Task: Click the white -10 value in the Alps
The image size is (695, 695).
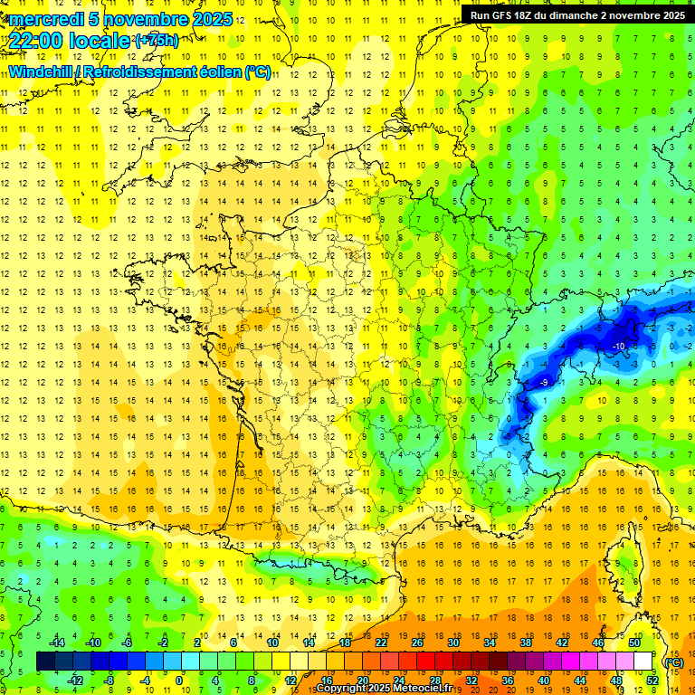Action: (619, 347)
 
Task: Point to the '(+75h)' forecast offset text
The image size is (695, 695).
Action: (157, 40)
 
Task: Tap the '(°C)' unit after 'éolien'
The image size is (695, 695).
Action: (257, 72)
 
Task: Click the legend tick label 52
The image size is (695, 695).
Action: (652, 681)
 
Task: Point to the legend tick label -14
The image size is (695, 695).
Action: (57, 643)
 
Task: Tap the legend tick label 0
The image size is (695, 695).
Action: (179, 681)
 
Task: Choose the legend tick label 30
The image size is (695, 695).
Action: (452, 643)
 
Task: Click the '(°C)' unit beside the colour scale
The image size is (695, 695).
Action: (673, 662)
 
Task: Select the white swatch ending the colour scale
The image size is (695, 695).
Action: (643, 662)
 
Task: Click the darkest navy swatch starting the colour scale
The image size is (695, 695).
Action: (45, 662)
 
